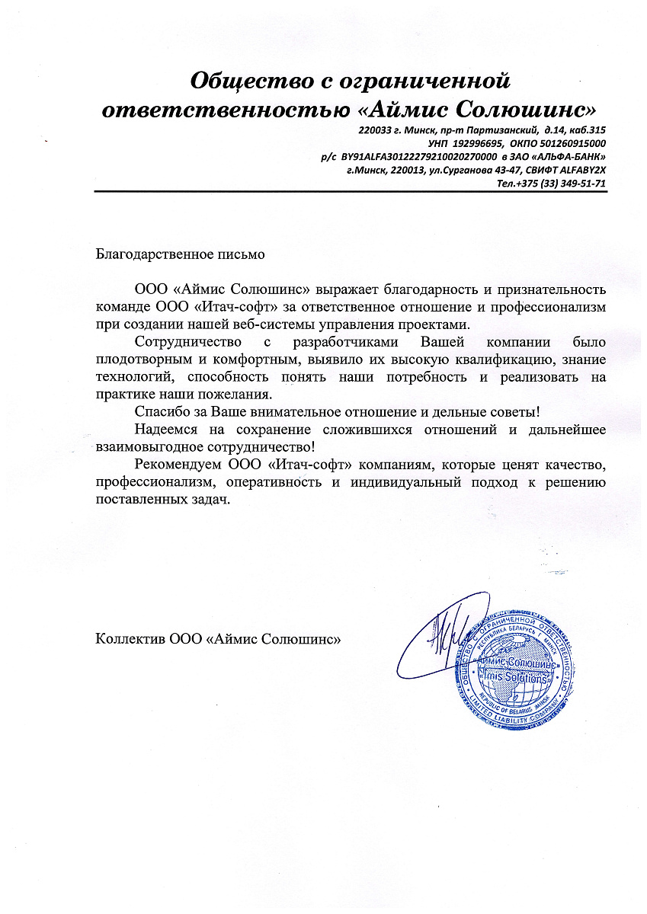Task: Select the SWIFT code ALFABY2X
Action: click(579, 170)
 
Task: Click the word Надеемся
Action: click(163, 430)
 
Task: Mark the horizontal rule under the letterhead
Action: click(351, 192)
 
